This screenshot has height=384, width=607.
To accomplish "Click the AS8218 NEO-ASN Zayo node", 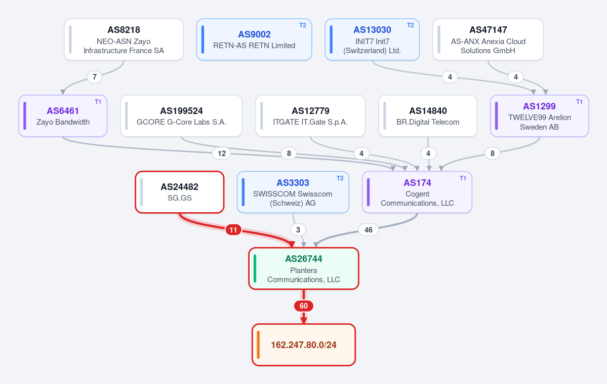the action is click(x=124, y=40).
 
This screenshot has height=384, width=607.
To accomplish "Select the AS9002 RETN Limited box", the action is click(x=254, y=40).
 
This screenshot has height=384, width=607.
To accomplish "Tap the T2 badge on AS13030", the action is click(x=411, y=25).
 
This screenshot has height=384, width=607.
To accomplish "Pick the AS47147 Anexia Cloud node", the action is click(x=488, y=40).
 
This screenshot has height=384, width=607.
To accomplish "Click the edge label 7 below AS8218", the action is click(x=95, y=76).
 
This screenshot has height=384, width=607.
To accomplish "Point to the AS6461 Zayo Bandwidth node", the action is click(x=63, y=116).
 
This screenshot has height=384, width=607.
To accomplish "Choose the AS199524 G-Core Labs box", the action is click(x=181, y=116).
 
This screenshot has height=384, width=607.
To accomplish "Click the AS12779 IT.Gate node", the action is click(x=310, y=116).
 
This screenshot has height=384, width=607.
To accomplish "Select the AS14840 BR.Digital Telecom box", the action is click(x=428, y=116).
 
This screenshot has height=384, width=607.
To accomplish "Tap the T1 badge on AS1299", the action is click(x=579, y=102).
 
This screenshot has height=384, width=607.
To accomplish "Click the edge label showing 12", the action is click(x=221, y=153).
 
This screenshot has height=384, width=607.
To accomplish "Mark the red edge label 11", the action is click(x=233, y=230).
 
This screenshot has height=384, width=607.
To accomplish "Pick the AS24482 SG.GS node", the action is click(x=180, y=192).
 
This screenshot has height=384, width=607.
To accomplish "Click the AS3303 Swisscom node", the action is click(x=293, y=192).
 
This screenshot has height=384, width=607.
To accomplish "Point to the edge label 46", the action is click(x=368, y=230).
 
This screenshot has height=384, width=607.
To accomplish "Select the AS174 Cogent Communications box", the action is click(x=417, y=192).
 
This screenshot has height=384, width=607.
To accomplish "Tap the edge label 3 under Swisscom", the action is click(x=298, y=230).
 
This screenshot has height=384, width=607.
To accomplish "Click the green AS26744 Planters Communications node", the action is click(x=304, y=268).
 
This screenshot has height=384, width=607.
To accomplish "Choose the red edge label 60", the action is click(x=304, y=306).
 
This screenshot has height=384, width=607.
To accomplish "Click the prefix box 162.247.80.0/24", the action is click(x=304, y=345).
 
